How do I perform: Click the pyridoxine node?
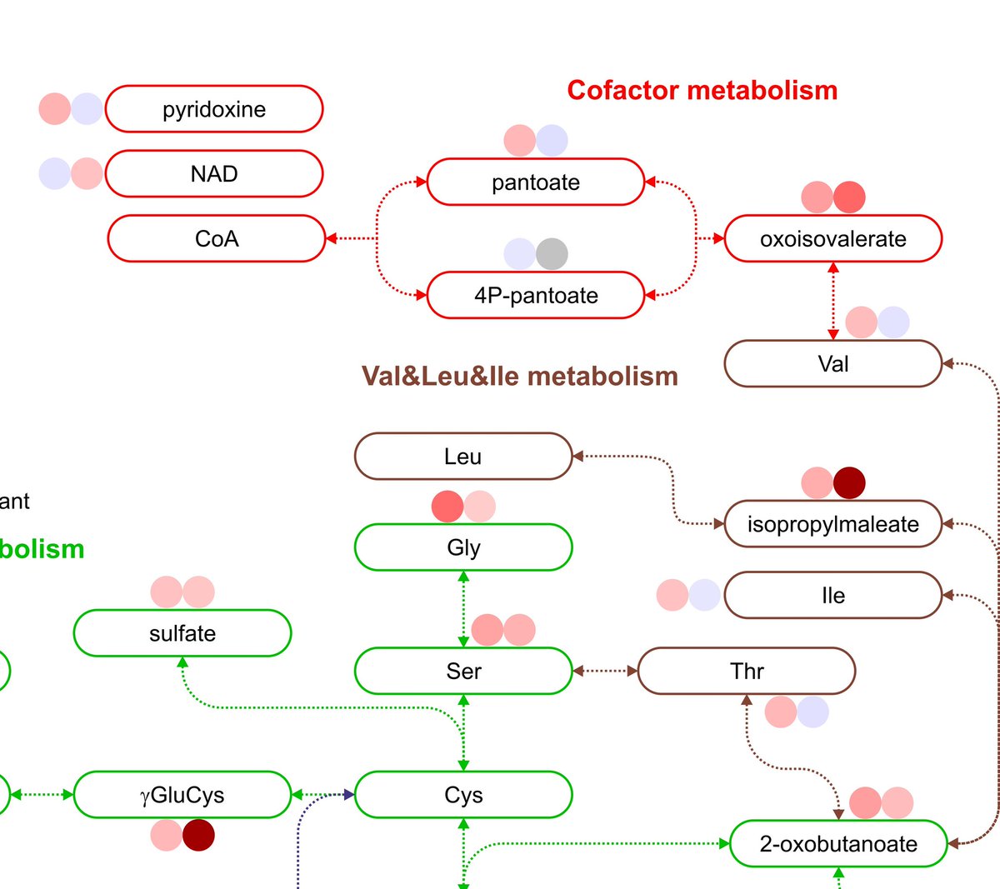pos(214,109)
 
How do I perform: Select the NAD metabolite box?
pos(214,174)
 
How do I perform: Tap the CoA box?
pos(217,239)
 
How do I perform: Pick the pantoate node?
pos(536,182)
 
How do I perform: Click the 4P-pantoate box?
pos(536,296)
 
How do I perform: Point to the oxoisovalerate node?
pos(833,239)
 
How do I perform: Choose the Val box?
pos(833,364)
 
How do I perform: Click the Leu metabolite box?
pos(463,457)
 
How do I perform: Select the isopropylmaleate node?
pos(833,524)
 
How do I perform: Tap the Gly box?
pos(463,547)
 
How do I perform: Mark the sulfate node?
pos(182,633)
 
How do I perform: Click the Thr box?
pos(747,671)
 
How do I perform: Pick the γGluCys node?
pos(182,795)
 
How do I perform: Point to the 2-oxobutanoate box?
pos(838,844)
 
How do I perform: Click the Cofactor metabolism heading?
pos(702,90)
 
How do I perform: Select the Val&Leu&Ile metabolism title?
pos(519,377)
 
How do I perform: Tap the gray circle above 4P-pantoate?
pos(552,254)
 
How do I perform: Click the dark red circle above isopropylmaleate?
pos(849,482)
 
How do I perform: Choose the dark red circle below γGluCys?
pos(198,835)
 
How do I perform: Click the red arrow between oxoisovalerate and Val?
pos(833,301)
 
